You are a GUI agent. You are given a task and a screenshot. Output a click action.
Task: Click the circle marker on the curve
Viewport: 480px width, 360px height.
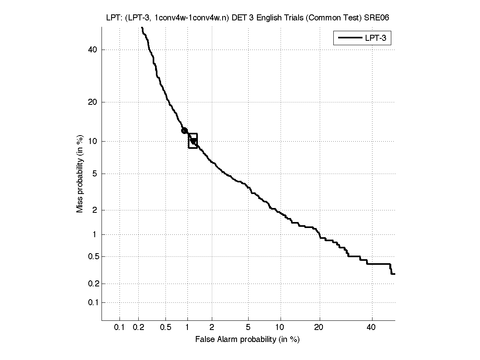coord(184,130)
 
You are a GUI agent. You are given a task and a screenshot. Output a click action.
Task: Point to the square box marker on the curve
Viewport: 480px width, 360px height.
coord(193,141)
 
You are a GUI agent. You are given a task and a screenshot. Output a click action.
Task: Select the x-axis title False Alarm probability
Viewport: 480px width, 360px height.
coord(247,340)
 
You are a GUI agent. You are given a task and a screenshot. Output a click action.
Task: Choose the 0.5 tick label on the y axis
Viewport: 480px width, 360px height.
coord(92,256)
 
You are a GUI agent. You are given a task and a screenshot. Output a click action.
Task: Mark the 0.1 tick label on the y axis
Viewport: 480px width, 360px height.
coord(92,302)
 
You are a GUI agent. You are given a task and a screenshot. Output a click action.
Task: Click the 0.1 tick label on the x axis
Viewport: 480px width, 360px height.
coord(120,328)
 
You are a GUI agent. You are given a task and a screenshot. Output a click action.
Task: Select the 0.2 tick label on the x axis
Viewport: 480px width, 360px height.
coord(139,328)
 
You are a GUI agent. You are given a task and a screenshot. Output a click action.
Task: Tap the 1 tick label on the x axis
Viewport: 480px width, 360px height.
coord(187,328)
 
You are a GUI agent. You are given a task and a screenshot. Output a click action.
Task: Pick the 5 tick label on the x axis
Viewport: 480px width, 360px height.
coord(248,328)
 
